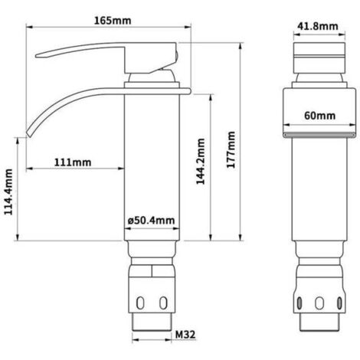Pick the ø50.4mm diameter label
click(150, 221)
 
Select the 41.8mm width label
click(316, 27)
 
